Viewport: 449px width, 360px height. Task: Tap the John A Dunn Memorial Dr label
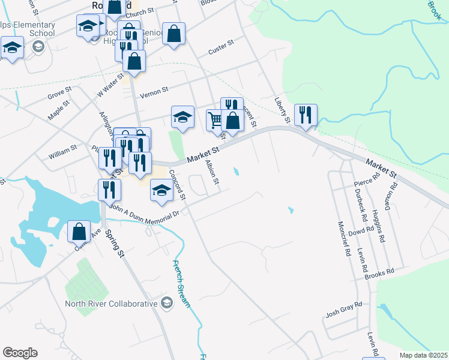pos(145,211)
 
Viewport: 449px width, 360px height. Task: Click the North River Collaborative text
pos(111,304)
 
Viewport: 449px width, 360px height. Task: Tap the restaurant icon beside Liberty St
pos(306,114)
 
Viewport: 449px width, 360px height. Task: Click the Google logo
pos(20,353)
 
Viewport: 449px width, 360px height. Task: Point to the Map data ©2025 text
pos(423,355)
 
